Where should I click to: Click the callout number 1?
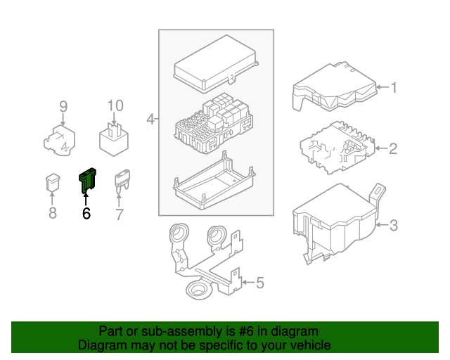point(394,88)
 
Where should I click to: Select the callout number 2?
point(394,148)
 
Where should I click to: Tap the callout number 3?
point(394,226)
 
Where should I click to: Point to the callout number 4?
point(150,120)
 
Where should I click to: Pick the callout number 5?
point(259,283)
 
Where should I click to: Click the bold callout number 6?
point(86,214)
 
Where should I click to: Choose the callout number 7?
point(119,214)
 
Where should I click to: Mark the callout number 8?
point(52,213)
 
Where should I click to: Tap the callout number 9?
point(63,107)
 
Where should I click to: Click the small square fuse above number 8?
point(52,182)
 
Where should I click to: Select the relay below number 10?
point(115,140)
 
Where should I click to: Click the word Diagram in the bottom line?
point(98,345)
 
